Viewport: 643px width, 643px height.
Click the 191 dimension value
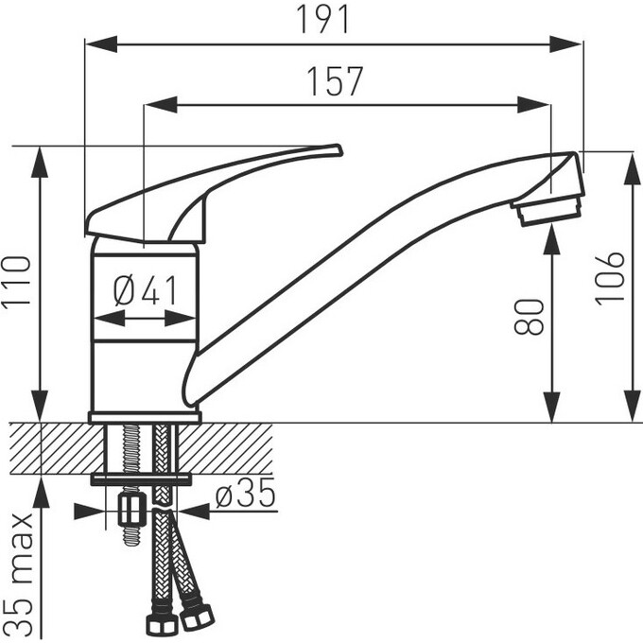[x=324, y=19]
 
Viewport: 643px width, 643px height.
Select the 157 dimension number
[x=335, y=80]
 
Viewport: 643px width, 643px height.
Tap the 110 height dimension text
[x=16, y=281]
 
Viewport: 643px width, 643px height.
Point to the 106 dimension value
[x=609, y=278]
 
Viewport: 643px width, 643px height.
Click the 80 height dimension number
[x=529, y=317]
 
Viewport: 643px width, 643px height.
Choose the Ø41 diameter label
[x=146, y=290]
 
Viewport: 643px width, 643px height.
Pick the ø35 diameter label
[x=246, y=493]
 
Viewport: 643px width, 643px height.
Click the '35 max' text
[x=20, y=574]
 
